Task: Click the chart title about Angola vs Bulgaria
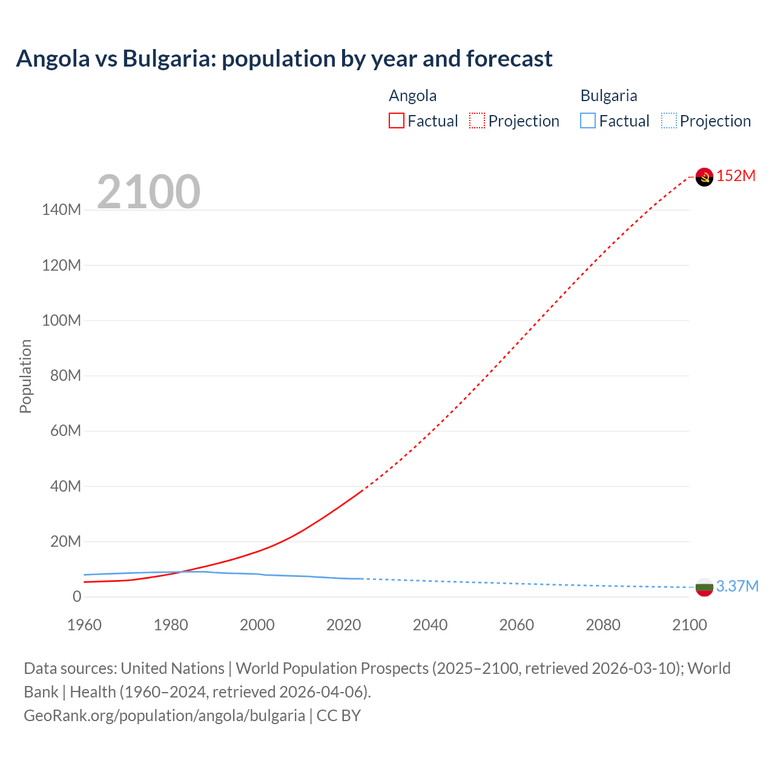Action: pos(284,59)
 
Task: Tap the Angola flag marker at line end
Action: pos(704,177)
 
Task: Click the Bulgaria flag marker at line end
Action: pos(704,587)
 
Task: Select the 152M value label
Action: pos(736,176)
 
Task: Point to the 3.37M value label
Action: pos(737,586)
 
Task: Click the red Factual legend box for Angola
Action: pos(397,121)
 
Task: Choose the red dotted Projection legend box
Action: pos(477,121)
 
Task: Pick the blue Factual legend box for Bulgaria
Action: pos(588,121)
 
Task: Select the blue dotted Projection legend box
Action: pos(669,121)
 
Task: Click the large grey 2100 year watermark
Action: pos(148,192)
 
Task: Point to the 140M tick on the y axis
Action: pos(61,210)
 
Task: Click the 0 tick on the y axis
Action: pos(76,597)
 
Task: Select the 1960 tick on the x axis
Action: pos(84,625)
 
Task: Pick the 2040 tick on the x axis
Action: pos(430,625)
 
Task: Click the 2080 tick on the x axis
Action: pos(603,625)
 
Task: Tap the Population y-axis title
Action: pos(25,376)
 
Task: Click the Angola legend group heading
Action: pos(412,96)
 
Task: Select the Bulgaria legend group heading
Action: pos(608,96)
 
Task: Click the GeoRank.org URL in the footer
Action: pos(164,716)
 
